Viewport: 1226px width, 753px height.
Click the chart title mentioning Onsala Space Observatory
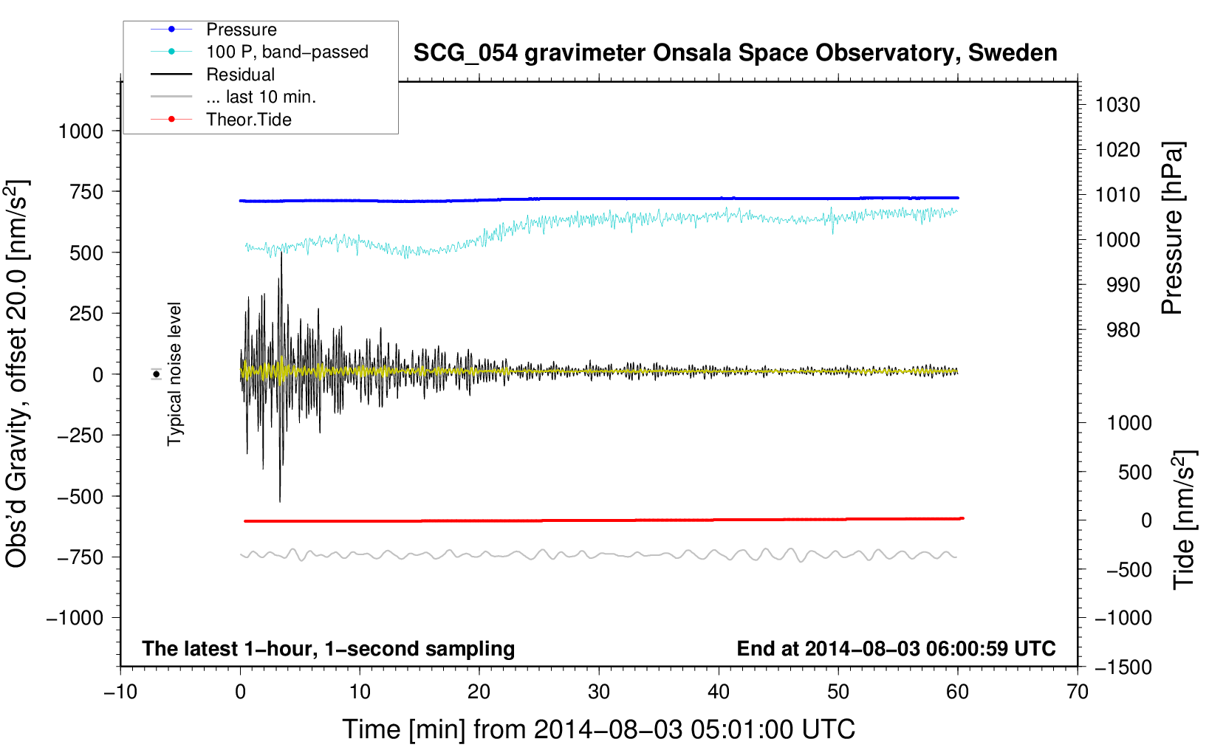click(x=735, y=53)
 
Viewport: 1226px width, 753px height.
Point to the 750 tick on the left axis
click(x=86, y=192)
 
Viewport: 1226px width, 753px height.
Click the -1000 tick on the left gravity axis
click(x=75, y=618)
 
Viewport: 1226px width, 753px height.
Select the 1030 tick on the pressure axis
click(x=1117, y=105)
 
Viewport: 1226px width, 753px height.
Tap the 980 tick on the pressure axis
click(x=1123, y=330)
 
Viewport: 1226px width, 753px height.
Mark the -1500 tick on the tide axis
click(x=1123, y=667)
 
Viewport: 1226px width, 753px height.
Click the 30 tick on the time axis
click(x=599, y=692)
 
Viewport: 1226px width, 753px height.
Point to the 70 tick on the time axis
click(x=1078, y=692)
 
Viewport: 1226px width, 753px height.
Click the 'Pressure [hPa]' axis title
click(x=1172, y=228)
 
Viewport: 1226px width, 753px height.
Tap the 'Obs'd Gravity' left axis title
click(x=16, y=374)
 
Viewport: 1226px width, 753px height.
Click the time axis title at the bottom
click(x=599, y=730)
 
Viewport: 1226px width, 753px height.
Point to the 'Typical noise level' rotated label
click(x=174, y=374)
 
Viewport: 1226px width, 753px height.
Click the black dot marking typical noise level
click(x=157, y=375)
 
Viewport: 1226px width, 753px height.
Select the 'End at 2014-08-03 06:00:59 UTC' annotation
click(x=897, y=648)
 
